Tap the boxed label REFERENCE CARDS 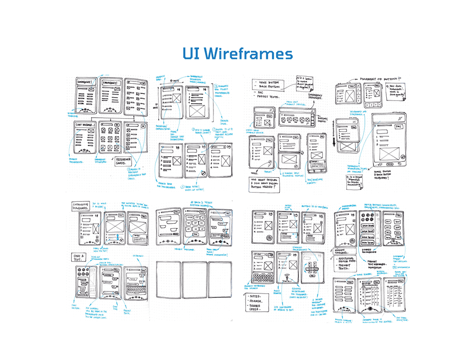point(119,161)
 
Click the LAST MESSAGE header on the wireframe point(85,125)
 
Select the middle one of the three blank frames point(194,279)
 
